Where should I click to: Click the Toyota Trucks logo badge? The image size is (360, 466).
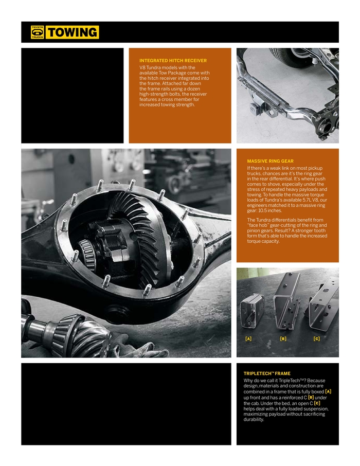pos(37,32)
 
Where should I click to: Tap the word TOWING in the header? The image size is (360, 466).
pos(72,32)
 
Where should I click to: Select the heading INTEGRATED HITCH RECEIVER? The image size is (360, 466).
pos(173,61)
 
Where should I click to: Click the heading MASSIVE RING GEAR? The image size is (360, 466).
pos(270,161)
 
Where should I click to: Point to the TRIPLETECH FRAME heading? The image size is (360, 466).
pos(266,373)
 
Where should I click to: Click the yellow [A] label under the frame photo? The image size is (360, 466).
pos(248,338)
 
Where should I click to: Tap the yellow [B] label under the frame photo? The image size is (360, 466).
pos(283,338)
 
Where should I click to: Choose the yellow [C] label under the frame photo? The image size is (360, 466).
pos(317,338)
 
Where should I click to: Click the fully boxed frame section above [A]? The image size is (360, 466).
pos(252,311)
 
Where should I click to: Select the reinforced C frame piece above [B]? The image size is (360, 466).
pos(286,301)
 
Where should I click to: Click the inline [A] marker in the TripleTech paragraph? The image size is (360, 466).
pos(328,392)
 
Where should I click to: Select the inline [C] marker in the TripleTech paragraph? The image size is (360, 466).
pos(317,403)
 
